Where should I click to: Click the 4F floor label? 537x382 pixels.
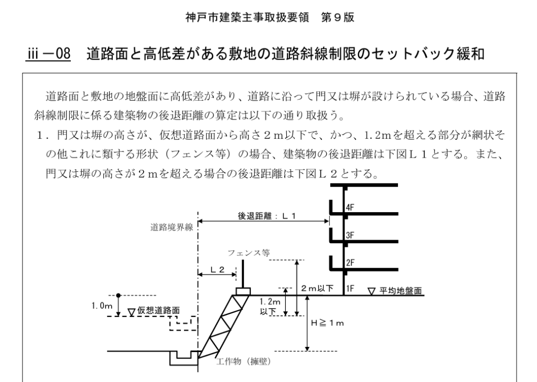coord(350,208)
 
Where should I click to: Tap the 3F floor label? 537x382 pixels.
coord(350,236)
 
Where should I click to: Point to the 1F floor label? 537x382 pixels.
coord(350,288)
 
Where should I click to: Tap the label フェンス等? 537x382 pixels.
coord(249,252)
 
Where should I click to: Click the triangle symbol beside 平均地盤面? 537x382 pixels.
coord(372,290)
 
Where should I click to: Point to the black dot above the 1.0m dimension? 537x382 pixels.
coord(119,294)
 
